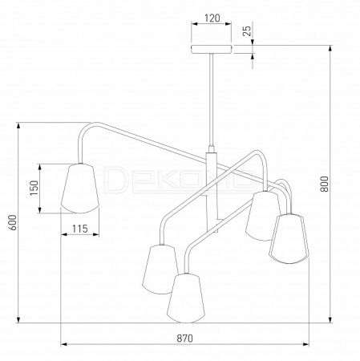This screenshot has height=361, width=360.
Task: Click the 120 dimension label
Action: click(212, 18)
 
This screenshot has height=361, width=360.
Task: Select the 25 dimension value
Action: click(247, 30)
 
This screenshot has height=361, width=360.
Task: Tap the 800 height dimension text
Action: click(324, 184)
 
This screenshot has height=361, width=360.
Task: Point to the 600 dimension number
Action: click(13, 222)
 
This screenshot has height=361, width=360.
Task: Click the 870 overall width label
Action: click(184, 339)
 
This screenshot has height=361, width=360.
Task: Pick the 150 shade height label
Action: click(34, 188)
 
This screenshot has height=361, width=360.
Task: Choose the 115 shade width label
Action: click(80, 229)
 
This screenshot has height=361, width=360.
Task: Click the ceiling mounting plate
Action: click(212, 49)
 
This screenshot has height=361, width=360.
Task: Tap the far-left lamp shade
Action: click(80, 189)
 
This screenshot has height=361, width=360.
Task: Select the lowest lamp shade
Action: click(186, 298)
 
